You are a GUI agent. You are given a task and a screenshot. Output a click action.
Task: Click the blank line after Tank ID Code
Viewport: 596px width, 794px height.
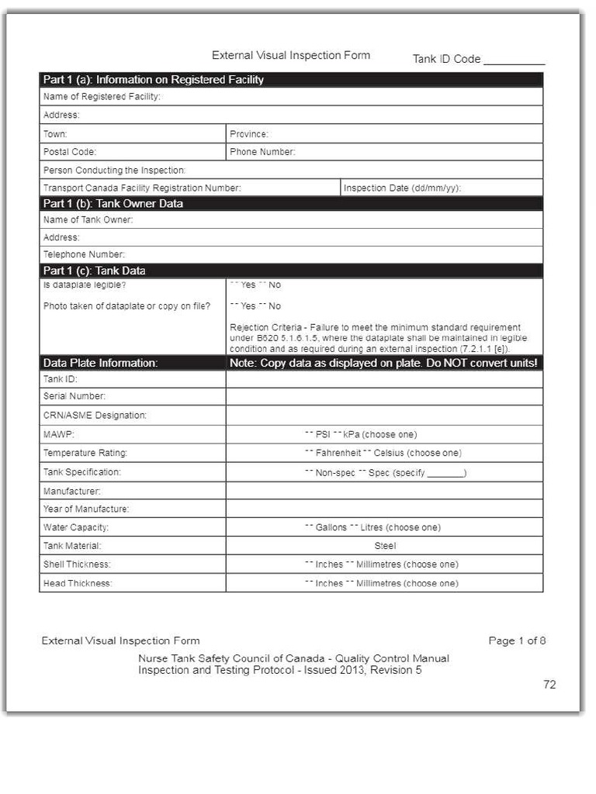pyautogui.click(x=514, y=60)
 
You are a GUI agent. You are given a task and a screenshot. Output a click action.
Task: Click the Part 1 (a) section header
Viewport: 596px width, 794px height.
pyautogui.click(x=154, y=80)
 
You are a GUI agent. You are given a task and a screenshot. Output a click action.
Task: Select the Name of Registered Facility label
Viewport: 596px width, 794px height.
pyautogui.click(x=102, y=97)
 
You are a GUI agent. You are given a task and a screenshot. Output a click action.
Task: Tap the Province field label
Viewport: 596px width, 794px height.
pyautogui.click(x=249, y=134)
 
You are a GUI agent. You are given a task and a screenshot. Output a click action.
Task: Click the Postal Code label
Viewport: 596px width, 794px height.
pyautogui.click(x=70, y=152)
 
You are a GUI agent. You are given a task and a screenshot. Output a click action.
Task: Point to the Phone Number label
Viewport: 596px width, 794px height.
pyautogui.click(x=262, y=152)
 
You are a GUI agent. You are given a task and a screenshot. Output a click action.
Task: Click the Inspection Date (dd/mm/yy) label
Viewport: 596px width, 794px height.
pyautogui.click(x=402, y=188)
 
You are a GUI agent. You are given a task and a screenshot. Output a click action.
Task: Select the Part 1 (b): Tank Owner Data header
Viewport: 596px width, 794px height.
pyautogui.click(x=113, y=204)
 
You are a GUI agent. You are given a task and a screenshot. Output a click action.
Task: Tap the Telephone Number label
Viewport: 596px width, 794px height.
pyautogui.click(x=84, y=254)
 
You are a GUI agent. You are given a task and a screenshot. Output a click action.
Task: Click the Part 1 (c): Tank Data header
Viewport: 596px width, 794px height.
pyautogui.click(x=95, y=271)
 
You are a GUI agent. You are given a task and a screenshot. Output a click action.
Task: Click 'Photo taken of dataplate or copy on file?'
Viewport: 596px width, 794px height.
pyautogui.click(x=126, y=306)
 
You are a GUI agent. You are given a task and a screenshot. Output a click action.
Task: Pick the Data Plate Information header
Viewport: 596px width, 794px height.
pyautogui.click(x=100, y=363)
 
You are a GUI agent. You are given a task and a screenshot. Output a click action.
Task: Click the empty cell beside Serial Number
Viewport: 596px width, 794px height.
pyautogui.click(x=384, y=396)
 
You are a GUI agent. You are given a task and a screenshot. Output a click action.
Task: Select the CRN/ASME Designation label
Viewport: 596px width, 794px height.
pyautogui.click(x=95, y=416)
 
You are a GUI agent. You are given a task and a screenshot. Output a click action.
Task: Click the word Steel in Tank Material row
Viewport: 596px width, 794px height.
pyautogui.click(x=385, y=546)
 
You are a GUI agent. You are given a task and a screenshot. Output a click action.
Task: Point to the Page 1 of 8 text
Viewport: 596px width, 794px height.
pyautogui.click(x=517, y=640)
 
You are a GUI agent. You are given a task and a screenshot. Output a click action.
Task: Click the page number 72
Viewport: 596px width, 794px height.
pyautogui.click(x=549, y=685)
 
